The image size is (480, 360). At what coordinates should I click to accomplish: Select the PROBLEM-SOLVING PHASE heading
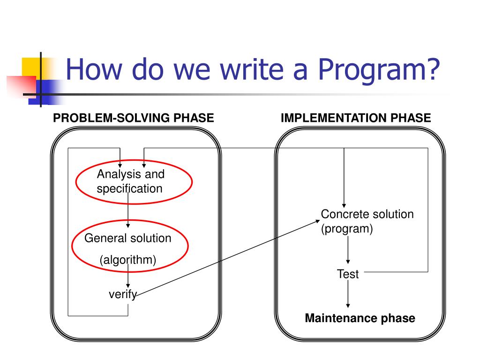(x=134, y=118)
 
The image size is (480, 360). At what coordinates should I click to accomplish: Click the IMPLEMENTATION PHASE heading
(x=355, y=118)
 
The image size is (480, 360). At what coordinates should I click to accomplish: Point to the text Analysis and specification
(x=131, y=181)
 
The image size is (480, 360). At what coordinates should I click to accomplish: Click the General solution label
(x=127, y=238)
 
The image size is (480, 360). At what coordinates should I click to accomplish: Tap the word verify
(x=122, y=294)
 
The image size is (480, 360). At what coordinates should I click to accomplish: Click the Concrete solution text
(x=367, y=214)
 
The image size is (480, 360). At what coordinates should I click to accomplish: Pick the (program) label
(x=347, y=229)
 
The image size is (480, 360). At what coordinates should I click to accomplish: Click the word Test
(x=348, y=274)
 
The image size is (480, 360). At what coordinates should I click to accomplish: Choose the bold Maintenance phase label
(x=360, y=319)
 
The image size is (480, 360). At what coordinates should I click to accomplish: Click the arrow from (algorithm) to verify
(x=128, y=278)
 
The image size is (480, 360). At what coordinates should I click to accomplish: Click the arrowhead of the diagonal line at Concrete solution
(x=316, y=221)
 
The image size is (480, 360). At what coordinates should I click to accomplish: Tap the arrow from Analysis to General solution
(x=128, y=213)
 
